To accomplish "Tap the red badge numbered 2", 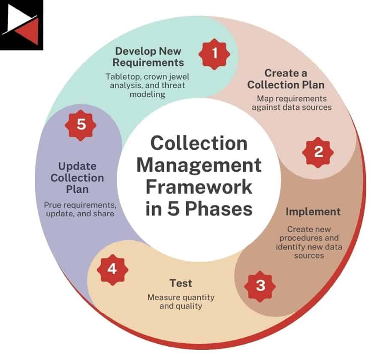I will pos(318,152).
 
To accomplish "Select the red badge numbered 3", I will pos(260,285).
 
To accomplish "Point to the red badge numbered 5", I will pos(81,124).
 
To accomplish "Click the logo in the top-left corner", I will pos(21,24).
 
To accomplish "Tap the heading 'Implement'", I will pos(313,212).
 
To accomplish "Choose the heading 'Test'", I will pos(181,283).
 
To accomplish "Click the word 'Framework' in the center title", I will pos(198,187).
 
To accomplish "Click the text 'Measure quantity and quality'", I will pos(181,302).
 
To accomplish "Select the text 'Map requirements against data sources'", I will pos(291,103).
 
